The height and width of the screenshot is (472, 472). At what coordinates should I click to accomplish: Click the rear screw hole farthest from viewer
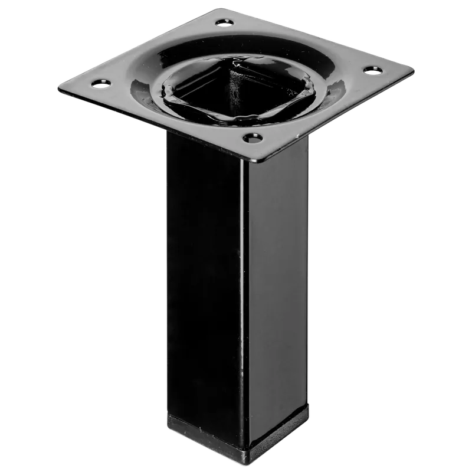[x=223, y=22]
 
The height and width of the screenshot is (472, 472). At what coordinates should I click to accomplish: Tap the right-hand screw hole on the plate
[x=371, y=70]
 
